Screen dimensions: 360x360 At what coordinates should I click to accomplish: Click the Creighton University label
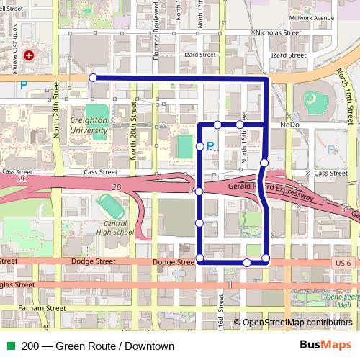coord(89,126)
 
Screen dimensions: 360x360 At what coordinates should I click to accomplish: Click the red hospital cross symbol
coord(30,55)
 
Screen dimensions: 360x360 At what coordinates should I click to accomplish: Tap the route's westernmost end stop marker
coord(93,77)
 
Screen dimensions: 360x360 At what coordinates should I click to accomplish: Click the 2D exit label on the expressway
coord(118,187)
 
